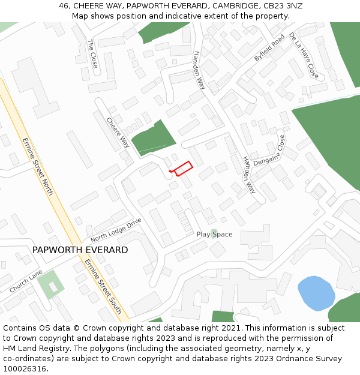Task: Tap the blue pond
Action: coord(316,293)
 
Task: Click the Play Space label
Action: coord(214,235)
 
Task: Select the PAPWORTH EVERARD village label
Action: coord(80,250)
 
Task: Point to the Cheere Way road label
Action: coord(118,132)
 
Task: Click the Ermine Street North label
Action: coord(38,166)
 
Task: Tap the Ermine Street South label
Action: coord(103,286)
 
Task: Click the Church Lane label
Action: coord(26,281)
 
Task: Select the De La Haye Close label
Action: coord(304,56)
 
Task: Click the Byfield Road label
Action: coord(269,47)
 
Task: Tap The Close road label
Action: coord(92,53)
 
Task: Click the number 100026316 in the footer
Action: coord(25,368)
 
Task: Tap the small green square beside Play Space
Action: coord(214,232)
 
